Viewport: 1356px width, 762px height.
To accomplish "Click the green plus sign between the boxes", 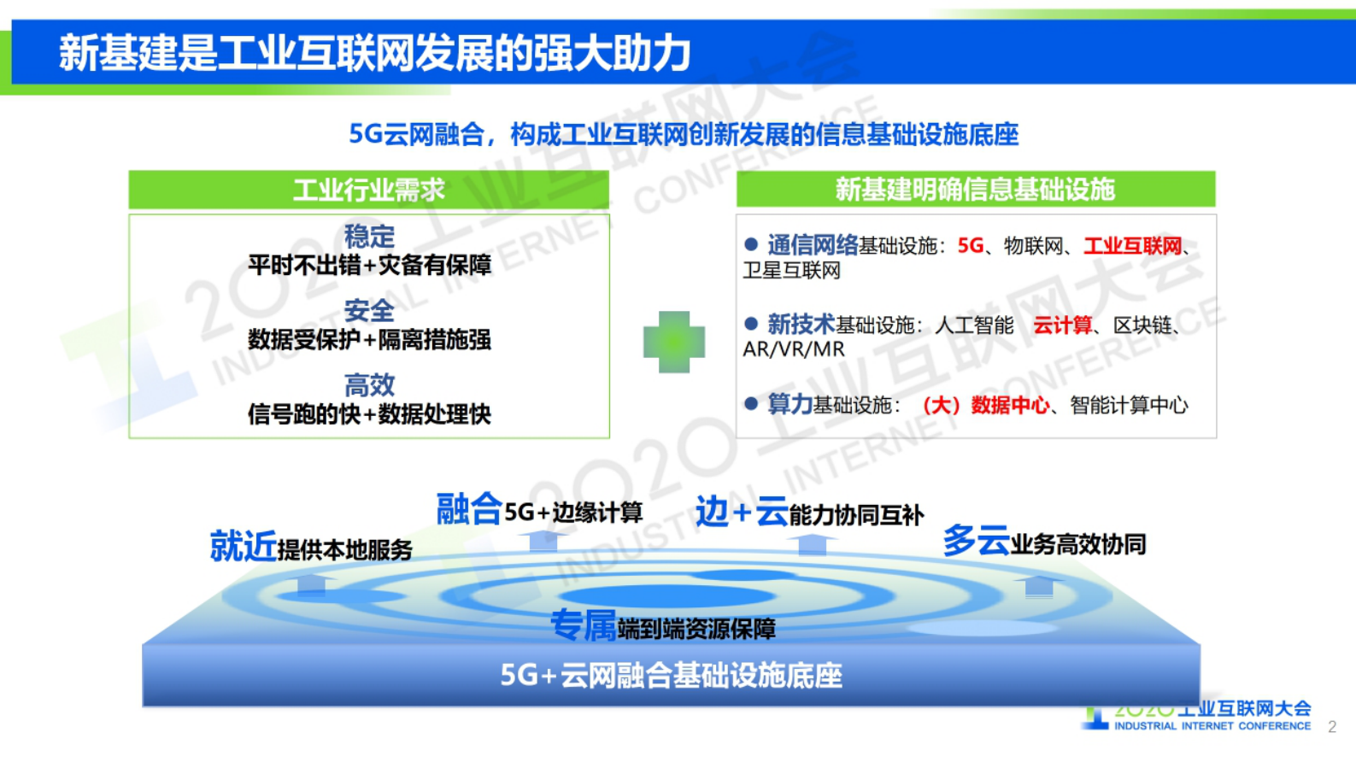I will [x=674, y=342].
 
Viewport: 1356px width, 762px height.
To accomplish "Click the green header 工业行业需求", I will [x=368, y=190].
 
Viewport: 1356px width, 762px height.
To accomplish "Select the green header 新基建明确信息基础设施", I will [x=975, y=189].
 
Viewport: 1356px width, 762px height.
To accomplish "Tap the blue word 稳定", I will [x=369, y=236].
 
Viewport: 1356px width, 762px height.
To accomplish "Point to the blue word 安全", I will [x=369, y=310].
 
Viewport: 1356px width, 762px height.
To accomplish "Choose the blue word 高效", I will [x=369, y=384].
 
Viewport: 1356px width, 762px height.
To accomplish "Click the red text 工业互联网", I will [x=1132, y=246].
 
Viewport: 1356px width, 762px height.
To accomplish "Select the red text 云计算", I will [x=1062, y=325].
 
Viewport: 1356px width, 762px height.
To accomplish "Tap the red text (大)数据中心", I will [x=985, y=405].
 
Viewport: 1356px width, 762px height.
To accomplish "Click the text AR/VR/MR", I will [x=793, y=349].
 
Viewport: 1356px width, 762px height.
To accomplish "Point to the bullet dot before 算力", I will [x=751, y=403].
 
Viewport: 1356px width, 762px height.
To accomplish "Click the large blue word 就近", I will [x=243, y=546].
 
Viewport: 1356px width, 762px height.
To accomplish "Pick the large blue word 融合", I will [x=468, y=509].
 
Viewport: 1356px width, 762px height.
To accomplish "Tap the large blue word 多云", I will [x=976, y=541].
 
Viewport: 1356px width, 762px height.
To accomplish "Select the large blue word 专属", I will [x=583, y=626].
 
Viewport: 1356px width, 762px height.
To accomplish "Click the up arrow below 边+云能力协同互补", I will [x=812, y=544].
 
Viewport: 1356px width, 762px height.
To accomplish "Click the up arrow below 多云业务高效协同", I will [x=1039, y=586].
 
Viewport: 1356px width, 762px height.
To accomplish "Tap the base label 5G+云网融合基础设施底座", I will [x=671, y=676].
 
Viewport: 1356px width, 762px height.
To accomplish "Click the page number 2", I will [x=1331, y=727].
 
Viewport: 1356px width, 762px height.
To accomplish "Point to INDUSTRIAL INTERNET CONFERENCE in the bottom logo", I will [x=1212, y=726].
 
